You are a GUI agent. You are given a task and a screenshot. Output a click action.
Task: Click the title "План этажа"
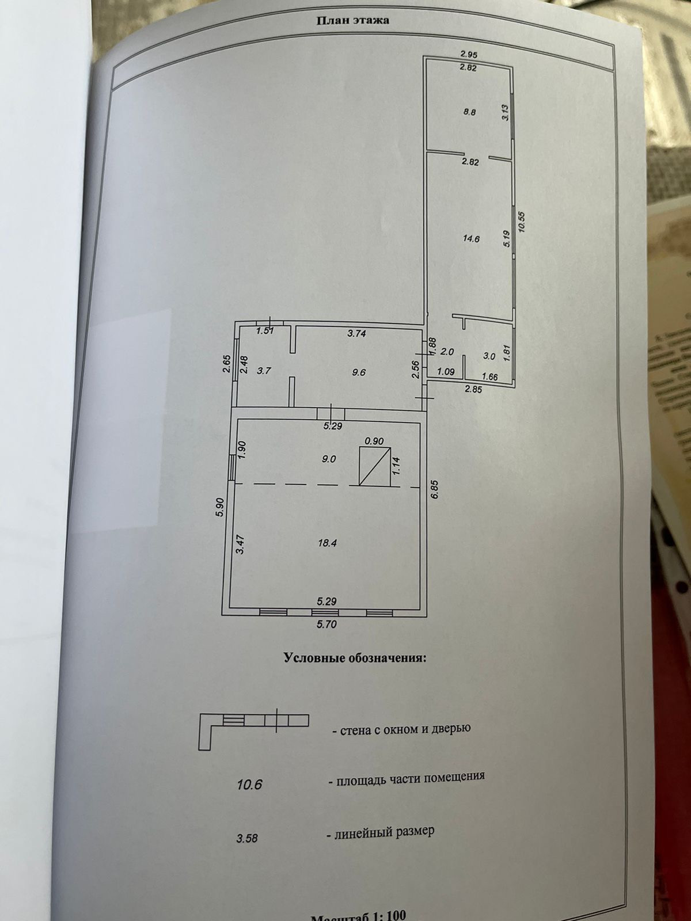pos(352,21)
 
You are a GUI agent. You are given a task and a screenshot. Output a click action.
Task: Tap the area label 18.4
pos(326,543)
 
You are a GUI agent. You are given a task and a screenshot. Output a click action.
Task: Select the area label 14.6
pos(472,239)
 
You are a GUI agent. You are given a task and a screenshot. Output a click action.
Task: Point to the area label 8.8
pos(469,113)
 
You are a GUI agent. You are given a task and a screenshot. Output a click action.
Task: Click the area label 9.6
pos(358,372)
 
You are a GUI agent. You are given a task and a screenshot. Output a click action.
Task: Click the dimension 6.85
pos(435,490)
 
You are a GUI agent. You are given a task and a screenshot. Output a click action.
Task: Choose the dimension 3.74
pos(358,333)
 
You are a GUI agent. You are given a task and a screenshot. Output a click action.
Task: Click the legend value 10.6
pos(249,784)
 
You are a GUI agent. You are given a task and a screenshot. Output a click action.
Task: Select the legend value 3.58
pos(246,838)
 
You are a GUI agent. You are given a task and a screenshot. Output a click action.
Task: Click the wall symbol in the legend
pos(253,728)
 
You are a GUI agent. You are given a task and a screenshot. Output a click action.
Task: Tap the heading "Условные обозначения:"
pos(355,658)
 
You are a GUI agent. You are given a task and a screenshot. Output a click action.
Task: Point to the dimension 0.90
pos(375,442)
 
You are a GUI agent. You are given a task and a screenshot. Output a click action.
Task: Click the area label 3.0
pos(489,356)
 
